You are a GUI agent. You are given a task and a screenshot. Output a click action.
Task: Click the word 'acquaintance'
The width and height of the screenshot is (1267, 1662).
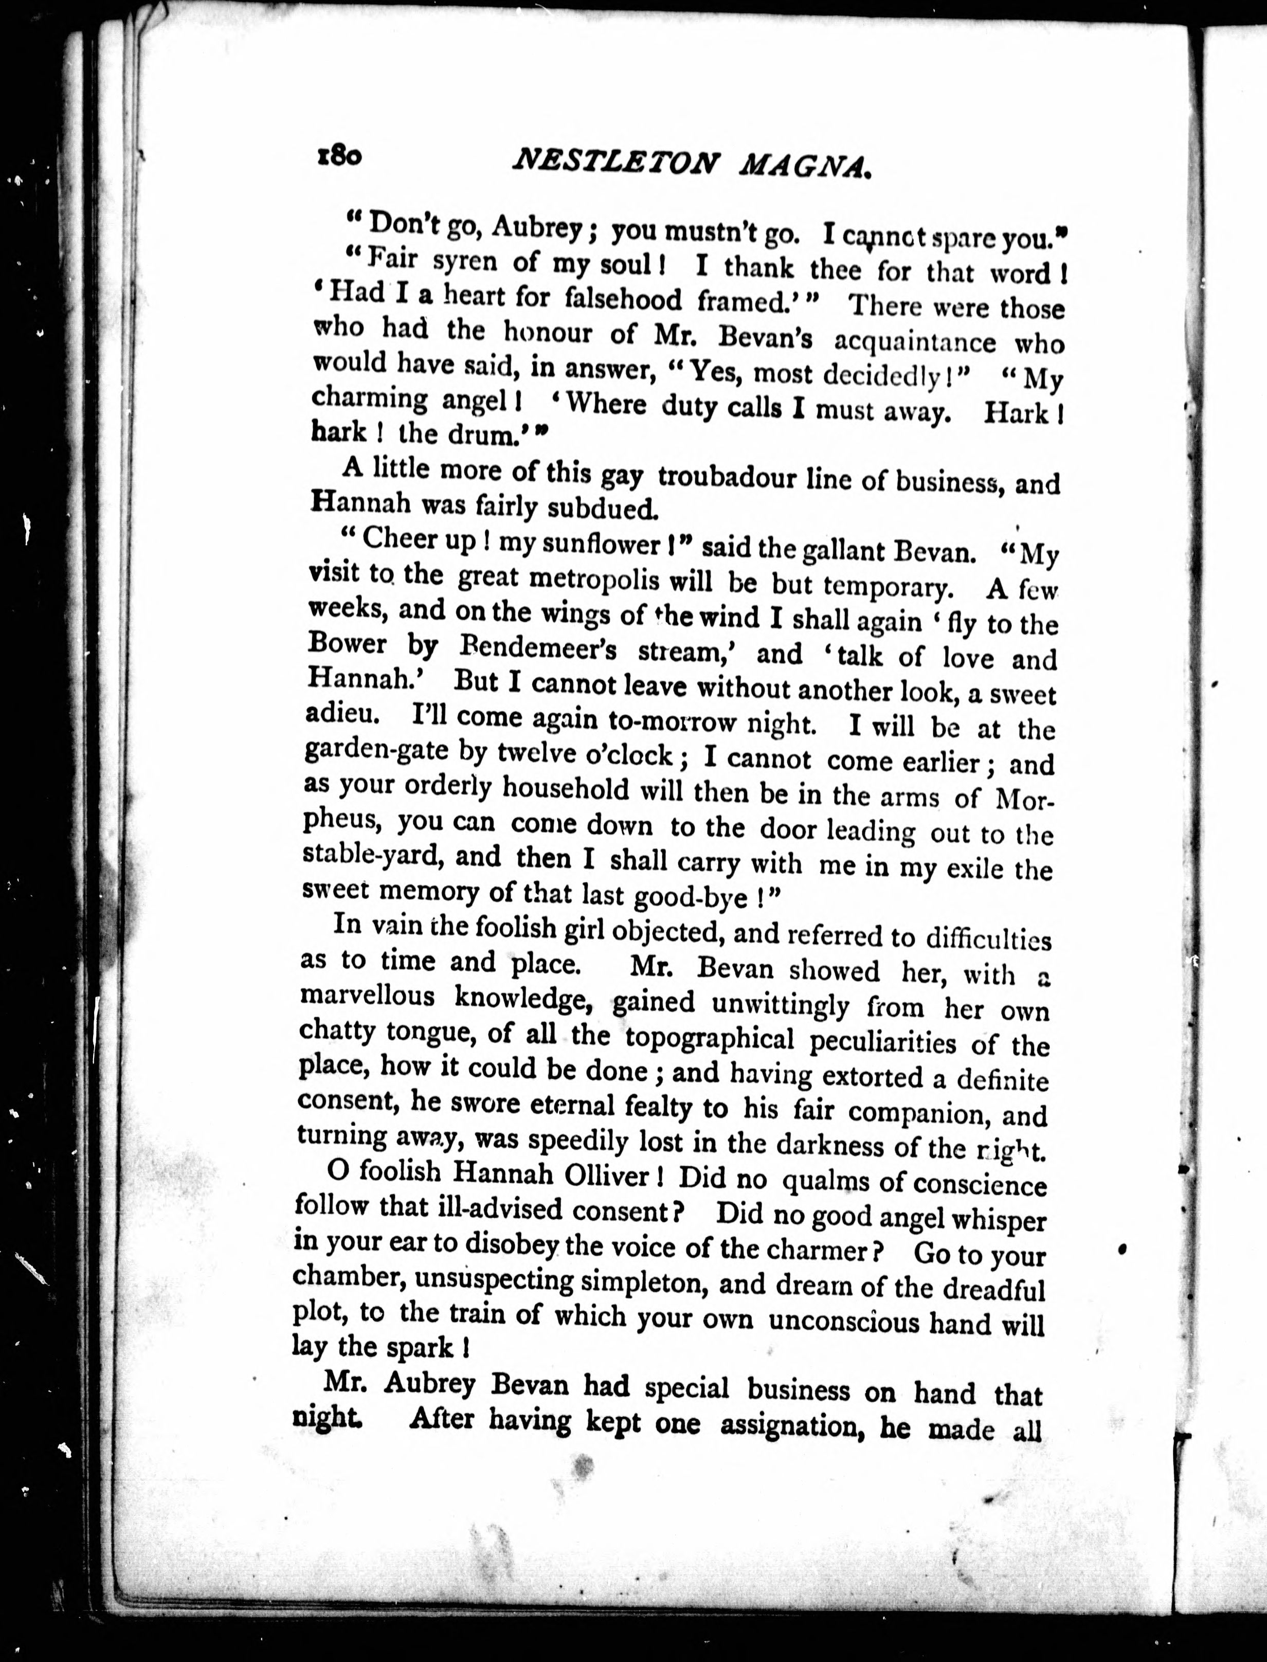(x=915, y=341)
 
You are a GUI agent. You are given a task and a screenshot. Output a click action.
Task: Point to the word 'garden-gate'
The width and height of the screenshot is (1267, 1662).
(x=375, y=752)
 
